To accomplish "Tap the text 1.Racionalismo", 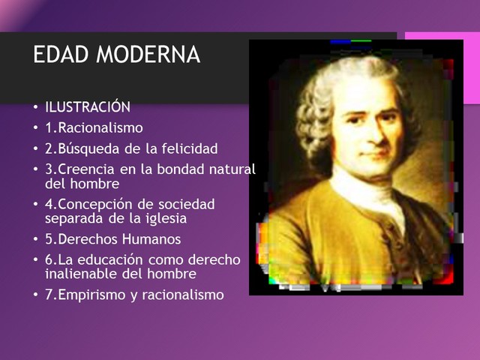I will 94,127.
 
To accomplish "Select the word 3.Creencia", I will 77,169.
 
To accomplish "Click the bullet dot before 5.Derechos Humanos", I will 36,240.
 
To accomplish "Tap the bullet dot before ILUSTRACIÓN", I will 36,107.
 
